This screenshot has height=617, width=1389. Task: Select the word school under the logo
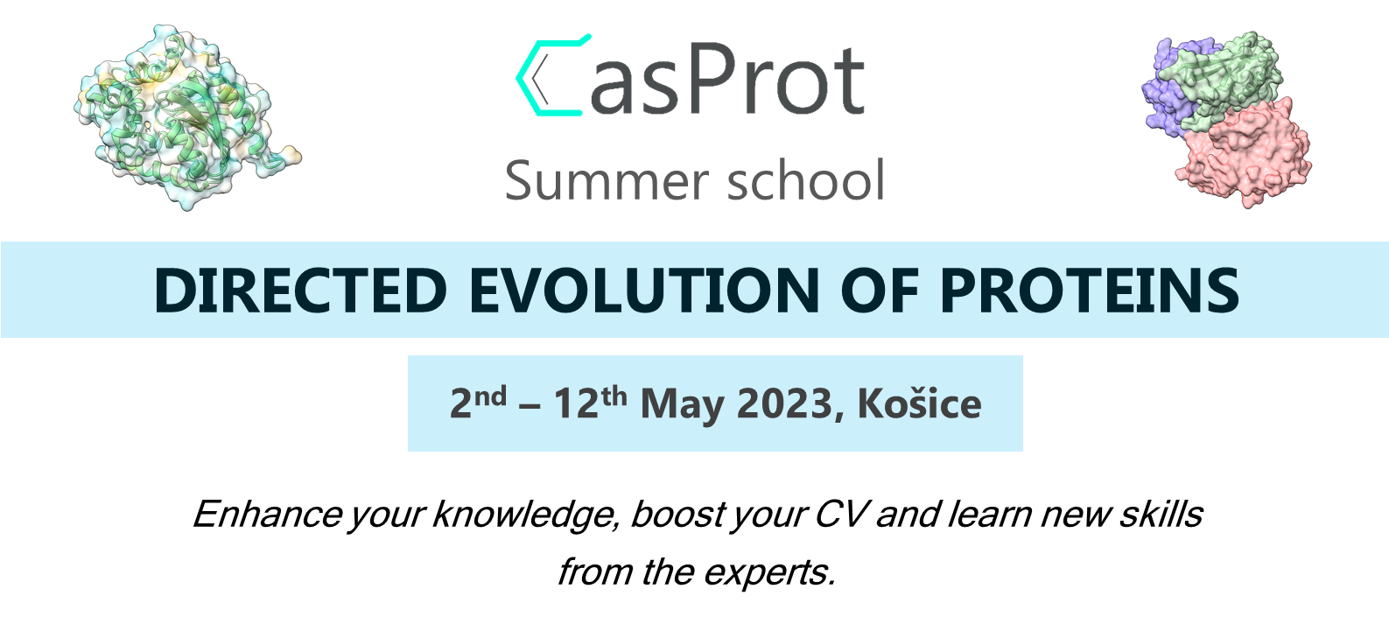[x=805, y=179]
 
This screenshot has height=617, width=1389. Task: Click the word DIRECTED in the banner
[x=300, y=291]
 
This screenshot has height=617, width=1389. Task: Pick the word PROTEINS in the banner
[x=1090, y=291]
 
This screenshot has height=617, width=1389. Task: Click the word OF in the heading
[x=880, y=291]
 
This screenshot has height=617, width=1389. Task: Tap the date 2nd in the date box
[x=478, y=403]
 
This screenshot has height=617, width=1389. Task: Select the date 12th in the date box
[x=590, y=403]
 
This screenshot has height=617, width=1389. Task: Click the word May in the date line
[x=682, y=405]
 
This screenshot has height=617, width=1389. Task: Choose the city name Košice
[x=920, y=403]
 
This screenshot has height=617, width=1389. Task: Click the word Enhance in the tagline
[x=268, y=514]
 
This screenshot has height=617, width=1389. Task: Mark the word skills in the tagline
[x=1161, y=514]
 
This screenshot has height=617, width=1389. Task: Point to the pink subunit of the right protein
[x=1244, y=155]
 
